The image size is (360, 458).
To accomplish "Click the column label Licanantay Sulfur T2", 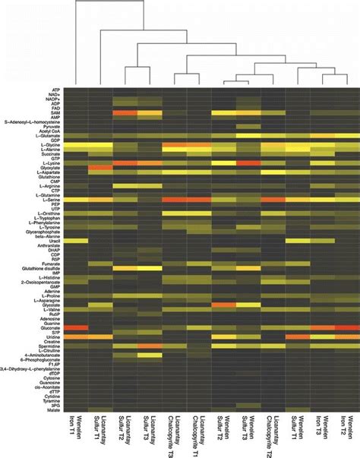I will click(x=124, y=436).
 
